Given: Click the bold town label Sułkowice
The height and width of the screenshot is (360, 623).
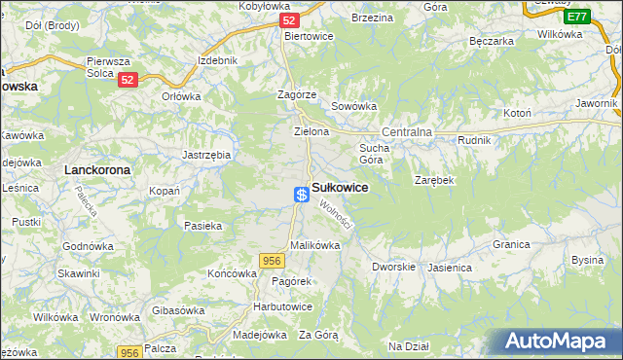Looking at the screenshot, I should coord(340,188).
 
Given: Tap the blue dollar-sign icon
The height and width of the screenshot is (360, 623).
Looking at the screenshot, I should coord(302,195).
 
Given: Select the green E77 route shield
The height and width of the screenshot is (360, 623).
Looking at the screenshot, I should coord(575,17).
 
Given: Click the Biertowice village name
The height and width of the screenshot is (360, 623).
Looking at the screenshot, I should coord(309,36).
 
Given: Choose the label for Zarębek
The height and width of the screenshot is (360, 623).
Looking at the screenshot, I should coord(434,181).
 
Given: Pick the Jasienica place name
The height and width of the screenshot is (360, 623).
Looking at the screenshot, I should coord(449,266).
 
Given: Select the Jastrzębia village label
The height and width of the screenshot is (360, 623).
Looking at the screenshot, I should coord(206,154).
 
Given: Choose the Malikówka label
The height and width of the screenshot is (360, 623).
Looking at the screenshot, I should coord(314,245).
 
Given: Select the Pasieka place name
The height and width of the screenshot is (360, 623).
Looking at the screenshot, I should coord(202,226).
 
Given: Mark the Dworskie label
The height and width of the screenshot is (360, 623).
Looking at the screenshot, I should coord(394,266).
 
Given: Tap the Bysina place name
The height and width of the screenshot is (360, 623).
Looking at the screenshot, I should coord(587,260).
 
